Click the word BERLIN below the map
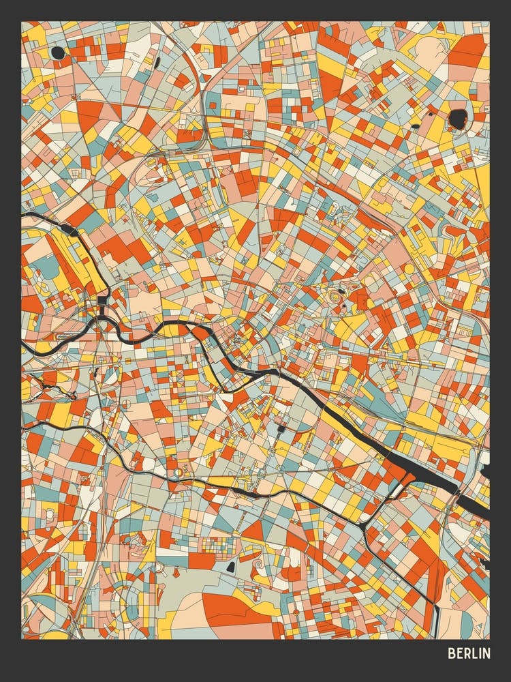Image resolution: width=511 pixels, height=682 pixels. (x=469, y=653)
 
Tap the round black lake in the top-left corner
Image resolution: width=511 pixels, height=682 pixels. (x=58, y=53)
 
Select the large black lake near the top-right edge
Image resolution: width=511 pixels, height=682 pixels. (x=458, y=118)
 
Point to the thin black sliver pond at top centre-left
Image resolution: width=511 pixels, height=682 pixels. (x=157, y=63)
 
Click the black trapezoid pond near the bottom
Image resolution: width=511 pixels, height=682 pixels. (x=231, y=566)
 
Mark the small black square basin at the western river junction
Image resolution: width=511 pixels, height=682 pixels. (x=102, y=300)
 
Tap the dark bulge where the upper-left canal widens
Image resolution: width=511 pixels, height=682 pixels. (x=68, y=229)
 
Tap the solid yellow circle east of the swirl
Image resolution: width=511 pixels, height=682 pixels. (x=409, y=269)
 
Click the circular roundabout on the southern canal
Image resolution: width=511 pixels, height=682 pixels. (x=179, y=471)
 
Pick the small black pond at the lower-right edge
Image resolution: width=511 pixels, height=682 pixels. (x=484, y=563)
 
